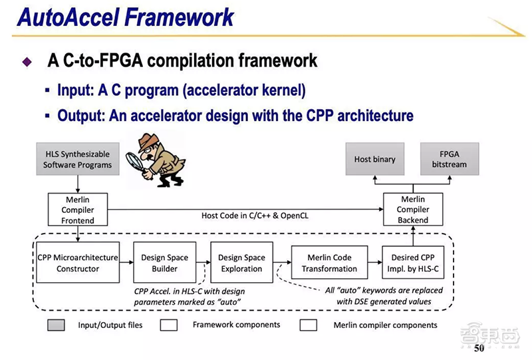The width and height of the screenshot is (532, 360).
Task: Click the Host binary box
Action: (375, 159)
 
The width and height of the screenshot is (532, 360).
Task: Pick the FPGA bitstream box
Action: (450, 159)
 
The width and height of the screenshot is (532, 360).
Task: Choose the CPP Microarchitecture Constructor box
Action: (77, 263)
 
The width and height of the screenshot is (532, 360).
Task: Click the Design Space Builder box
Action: (164, 263)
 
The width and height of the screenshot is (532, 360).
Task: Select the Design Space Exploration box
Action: (241, 263)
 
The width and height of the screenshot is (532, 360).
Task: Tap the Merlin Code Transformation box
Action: (329, 263)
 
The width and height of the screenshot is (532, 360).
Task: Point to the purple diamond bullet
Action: (27, 63)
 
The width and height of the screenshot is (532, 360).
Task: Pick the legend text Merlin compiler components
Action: (386, 325)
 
